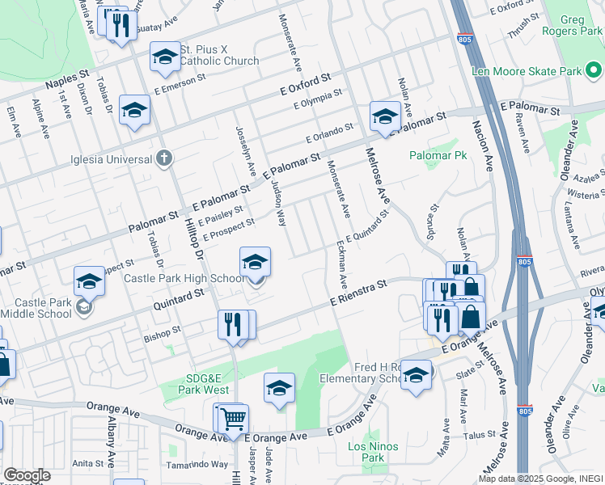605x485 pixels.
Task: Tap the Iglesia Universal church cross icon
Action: click(x=164, y=158)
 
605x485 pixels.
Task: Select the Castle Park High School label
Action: click(x=184, y=279)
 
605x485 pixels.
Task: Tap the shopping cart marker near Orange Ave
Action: click(x=232, y=417)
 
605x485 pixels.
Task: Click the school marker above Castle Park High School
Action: click(x=255, y=261)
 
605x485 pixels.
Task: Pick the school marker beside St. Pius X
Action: click(x=165, y=57)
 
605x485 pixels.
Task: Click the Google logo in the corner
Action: click(x=27, y=475)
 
